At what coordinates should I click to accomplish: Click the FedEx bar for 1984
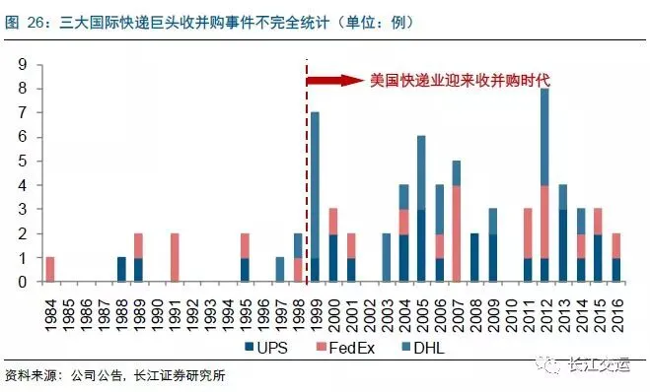[50, 270]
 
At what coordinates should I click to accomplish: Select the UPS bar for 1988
[121, 270]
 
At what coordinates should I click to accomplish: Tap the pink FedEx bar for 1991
[175, 257]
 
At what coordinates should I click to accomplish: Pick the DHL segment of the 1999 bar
[315, 185]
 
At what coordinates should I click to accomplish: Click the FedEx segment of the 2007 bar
[457, 233]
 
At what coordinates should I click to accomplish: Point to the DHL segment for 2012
[544, 137]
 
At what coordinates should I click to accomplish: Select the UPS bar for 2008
[474, 257]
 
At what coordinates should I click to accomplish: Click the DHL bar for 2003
[387, 257]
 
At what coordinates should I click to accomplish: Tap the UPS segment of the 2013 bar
[562, 245]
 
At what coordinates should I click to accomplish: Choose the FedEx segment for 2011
[528, 233]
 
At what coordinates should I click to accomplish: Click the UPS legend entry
[266, 348]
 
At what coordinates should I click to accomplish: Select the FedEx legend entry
[345, 348]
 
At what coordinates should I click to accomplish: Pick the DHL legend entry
[423, 348]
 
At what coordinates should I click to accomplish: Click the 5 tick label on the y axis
[23, 161]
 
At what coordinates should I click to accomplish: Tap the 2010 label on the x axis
[511, 315]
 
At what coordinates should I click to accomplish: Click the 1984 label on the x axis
[50, 315]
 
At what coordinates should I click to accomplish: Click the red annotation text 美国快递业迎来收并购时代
[460, 81]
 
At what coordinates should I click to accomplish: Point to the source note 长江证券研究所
[180, 375]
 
